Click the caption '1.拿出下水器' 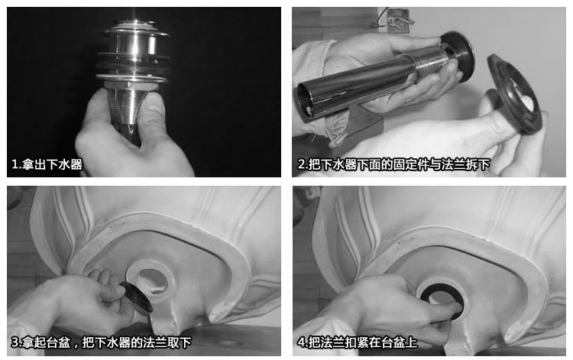pos(47,164)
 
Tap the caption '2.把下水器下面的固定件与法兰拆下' pos(393,164)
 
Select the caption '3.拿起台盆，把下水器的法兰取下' pos(101,342)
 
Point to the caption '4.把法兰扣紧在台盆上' pos(357,342)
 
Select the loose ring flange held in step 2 pos(514,93)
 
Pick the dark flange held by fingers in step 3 pos(136,297)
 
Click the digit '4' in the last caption pos(301,343)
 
